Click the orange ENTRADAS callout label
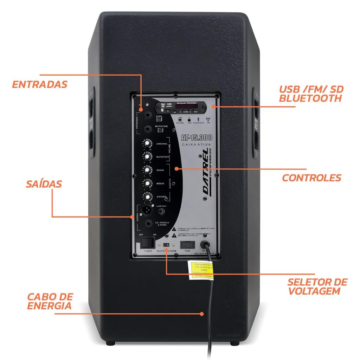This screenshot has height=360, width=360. click(x=39, y=84)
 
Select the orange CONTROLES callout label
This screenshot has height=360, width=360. click(x=311, y=178)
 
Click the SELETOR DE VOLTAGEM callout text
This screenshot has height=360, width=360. click(x=317, y=287)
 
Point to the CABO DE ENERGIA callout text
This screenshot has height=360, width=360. click(x=50, y=301)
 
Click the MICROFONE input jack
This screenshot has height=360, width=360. click(x=148, y=129)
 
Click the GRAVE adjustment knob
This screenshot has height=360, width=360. click(x=147, y=169)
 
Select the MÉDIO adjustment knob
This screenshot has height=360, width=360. click(x=147, y=183)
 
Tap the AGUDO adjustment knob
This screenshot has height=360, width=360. click(x=147, y=196)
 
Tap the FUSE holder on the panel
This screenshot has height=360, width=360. click(x=187, y=244)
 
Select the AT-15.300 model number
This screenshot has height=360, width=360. click(x=196, y=137)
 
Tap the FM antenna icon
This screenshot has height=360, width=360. click(x=208, y=120)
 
